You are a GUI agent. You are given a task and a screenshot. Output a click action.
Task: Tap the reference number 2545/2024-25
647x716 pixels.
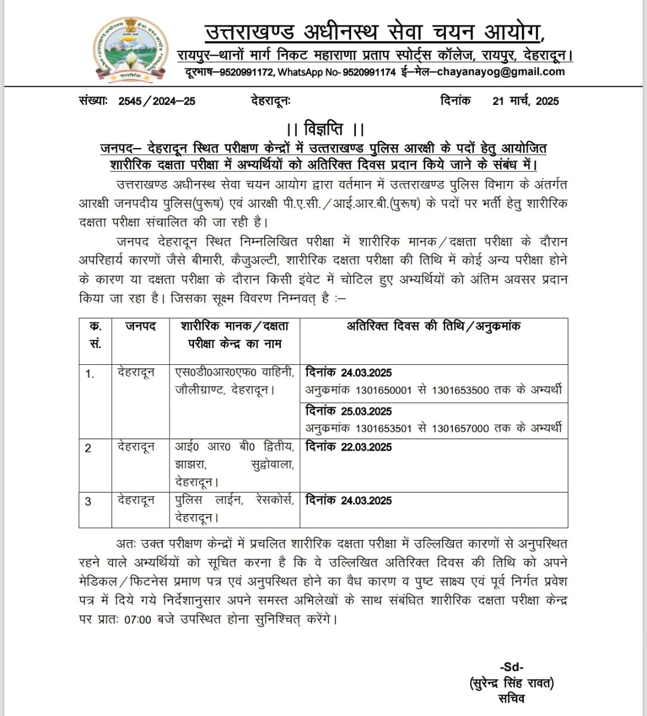point(157,101)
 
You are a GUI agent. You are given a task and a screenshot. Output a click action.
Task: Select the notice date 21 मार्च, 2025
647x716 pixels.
point(525,101)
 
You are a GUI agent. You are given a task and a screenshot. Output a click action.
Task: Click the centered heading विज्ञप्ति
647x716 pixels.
point(325,129)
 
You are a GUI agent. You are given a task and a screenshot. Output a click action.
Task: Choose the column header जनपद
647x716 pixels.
point(140,327)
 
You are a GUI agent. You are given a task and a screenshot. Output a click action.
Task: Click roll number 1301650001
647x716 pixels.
point(383,391)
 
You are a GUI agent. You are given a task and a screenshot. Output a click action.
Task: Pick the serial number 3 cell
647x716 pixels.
point(89,501)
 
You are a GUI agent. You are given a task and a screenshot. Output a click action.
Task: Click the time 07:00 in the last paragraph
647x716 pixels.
point(138,620)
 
